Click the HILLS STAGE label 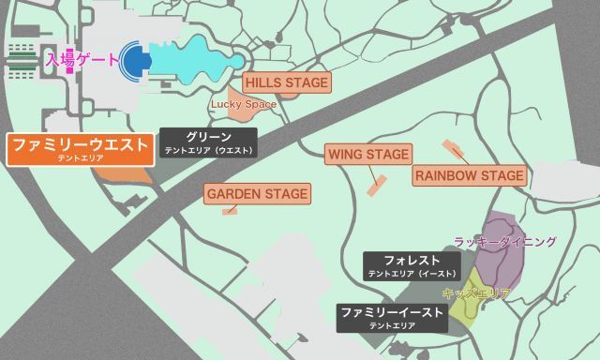pos(286,83)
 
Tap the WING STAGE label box pos(367,154)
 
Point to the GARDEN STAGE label pos(257,194)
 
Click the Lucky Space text pos(244,104)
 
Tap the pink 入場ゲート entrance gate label pos(82,60)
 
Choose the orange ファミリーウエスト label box pos(79,148)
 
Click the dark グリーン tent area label pos(208,142)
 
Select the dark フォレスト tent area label pos(412,264)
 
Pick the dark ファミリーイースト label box pos(391,317)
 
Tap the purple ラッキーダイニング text pos(504,242)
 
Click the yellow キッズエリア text pos(475,293)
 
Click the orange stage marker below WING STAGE pos(378,184)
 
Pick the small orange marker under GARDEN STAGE pos(229,211)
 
